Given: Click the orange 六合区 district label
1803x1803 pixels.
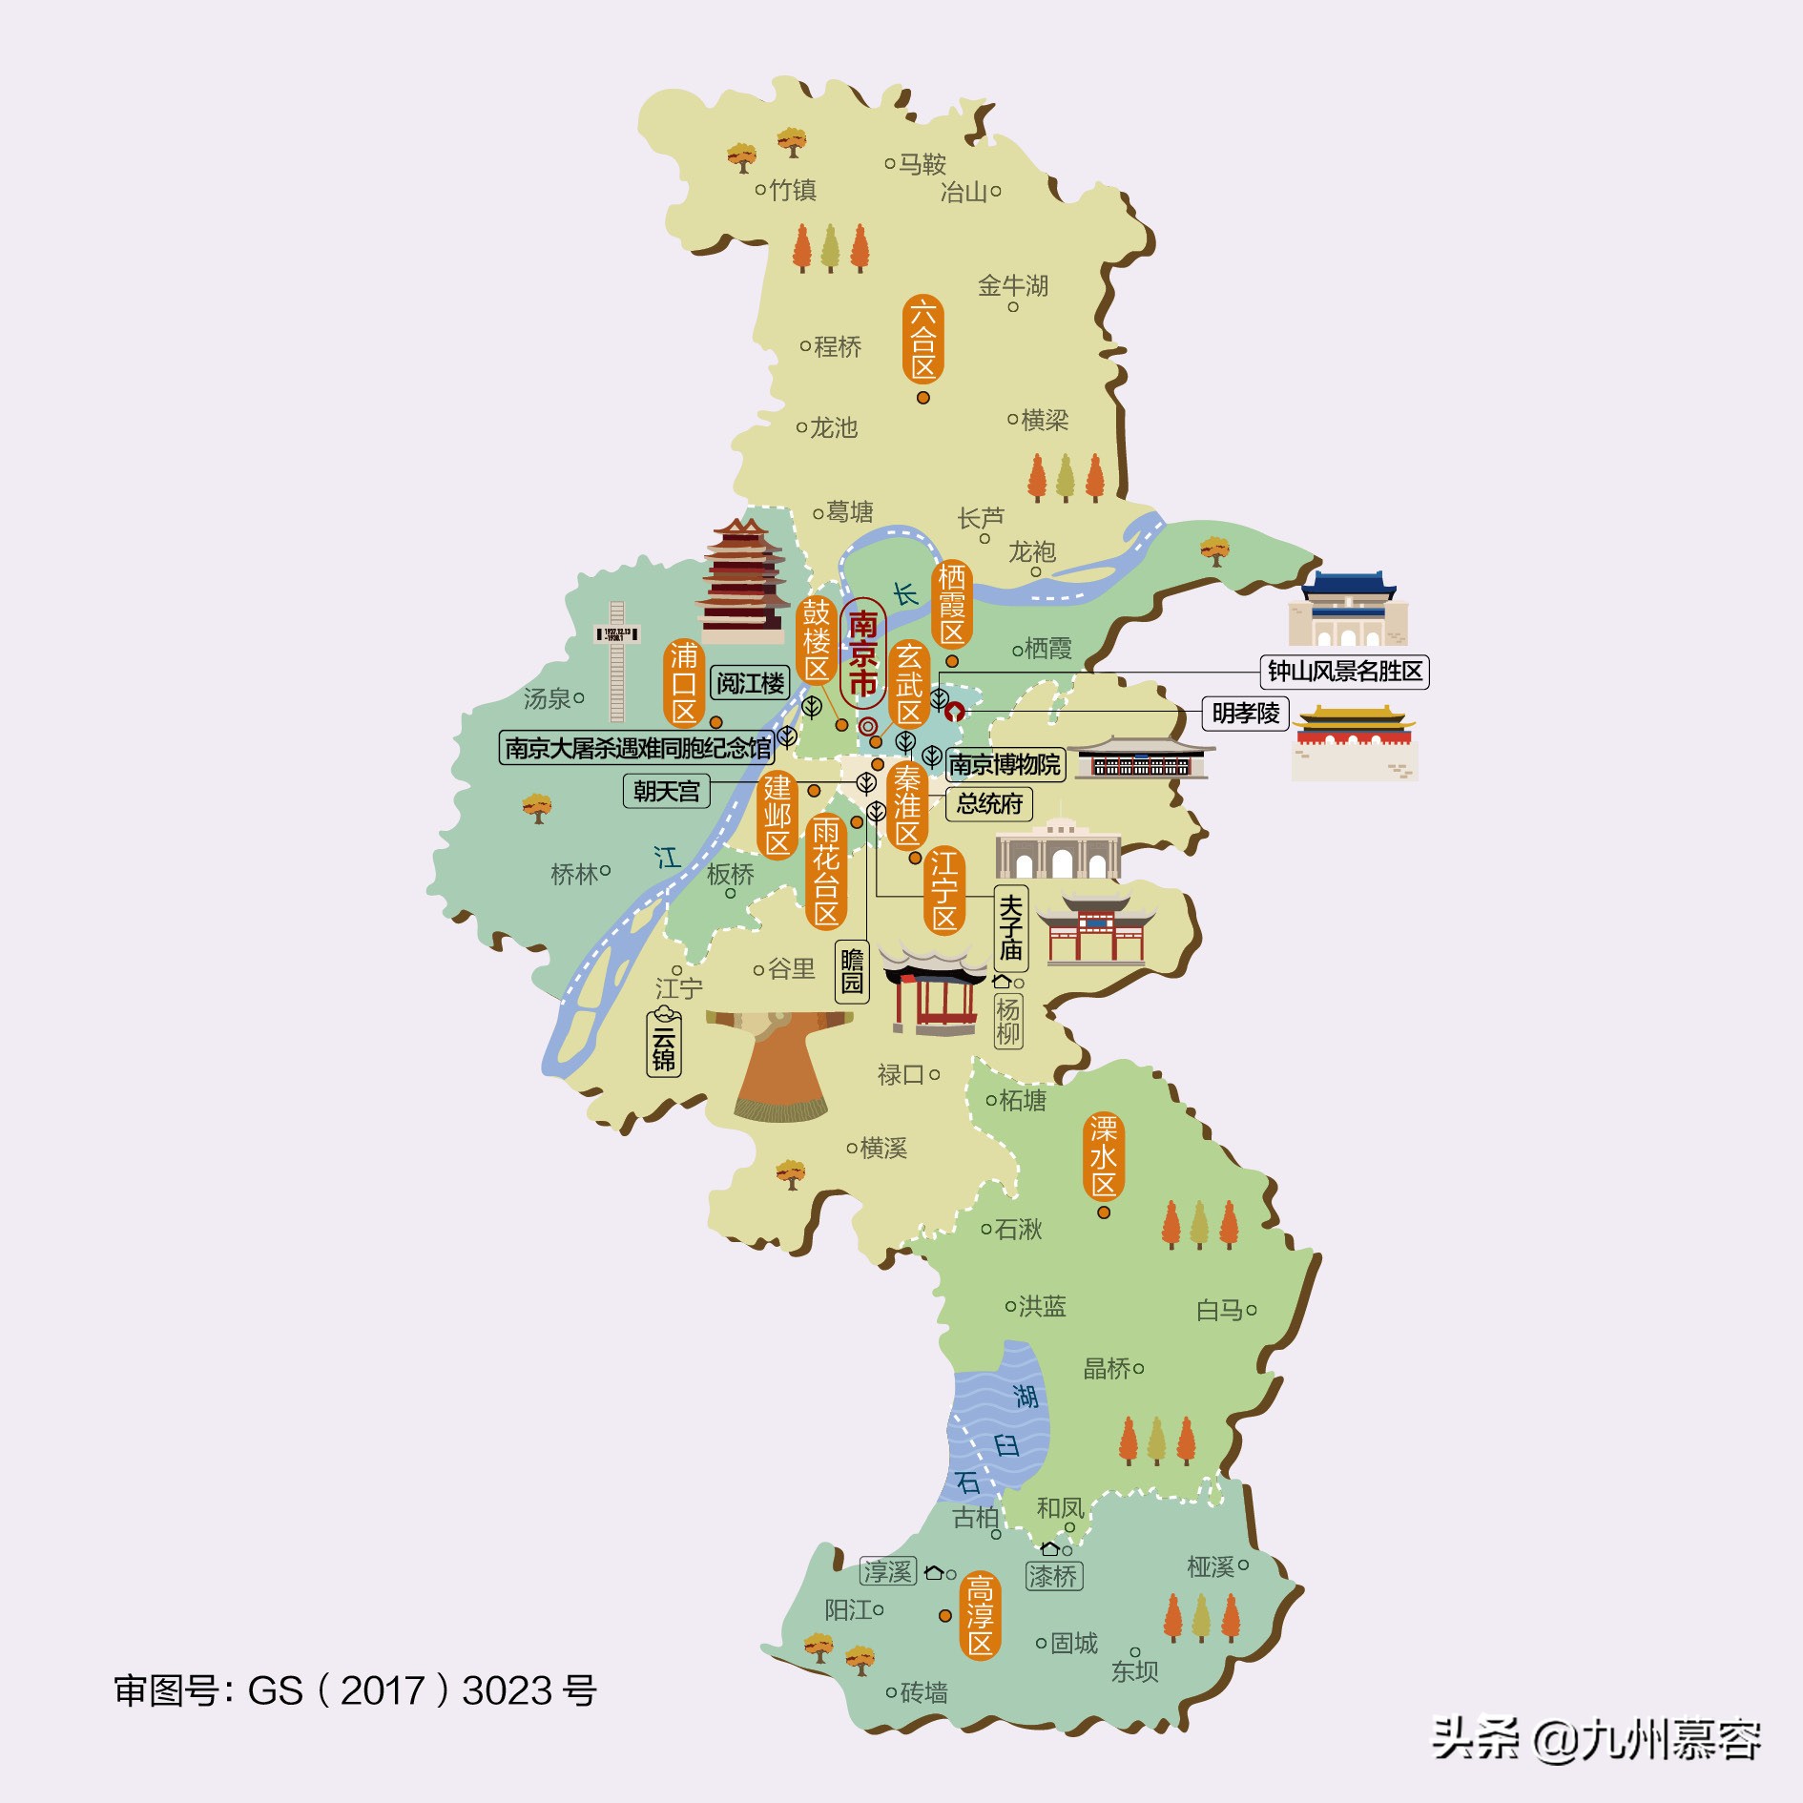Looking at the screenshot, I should (922, 339).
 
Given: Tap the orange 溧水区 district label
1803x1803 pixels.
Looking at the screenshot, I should (1104, 1156).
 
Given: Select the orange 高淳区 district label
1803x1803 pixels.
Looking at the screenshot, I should (980, 1615).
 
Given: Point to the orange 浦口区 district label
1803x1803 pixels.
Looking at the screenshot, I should (684, 683).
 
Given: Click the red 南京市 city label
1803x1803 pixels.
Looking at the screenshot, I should (862, 653).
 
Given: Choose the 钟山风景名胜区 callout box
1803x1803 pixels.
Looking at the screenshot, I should (1344, 672).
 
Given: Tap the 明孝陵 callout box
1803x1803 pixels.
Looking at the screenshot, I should (1245, 713).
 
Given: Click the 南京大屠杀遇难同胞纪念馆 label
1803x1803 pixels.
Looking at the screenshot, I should (637, 747).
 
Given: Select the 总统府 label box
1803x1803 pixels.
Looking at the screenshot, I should (989, 803).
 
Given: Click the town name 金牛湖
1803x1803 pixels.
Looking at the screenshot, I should (1013, 285).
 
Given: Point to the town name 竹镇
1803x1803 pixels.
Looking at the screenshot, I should (792, 190).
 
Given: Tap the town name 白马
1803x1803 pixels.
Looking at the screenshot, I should (1220, 1310).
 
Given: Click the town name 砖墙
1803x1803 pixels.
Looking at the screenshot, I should (923, 1692).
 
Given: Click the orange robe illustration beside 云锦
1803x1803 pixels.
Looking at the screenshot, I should (780, 1064).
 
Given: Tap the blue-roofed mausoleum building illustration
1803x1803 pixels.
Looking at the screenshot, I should (1347, 611).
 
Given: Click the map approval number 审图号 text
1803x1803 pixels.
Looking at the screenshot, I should (355, 1690).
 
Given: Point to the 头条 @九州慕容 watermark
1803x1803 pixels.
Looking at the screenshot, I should (1595, 1738).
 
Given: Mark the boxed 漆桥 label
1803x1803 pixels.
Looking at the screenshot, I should (1053, 1576).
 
